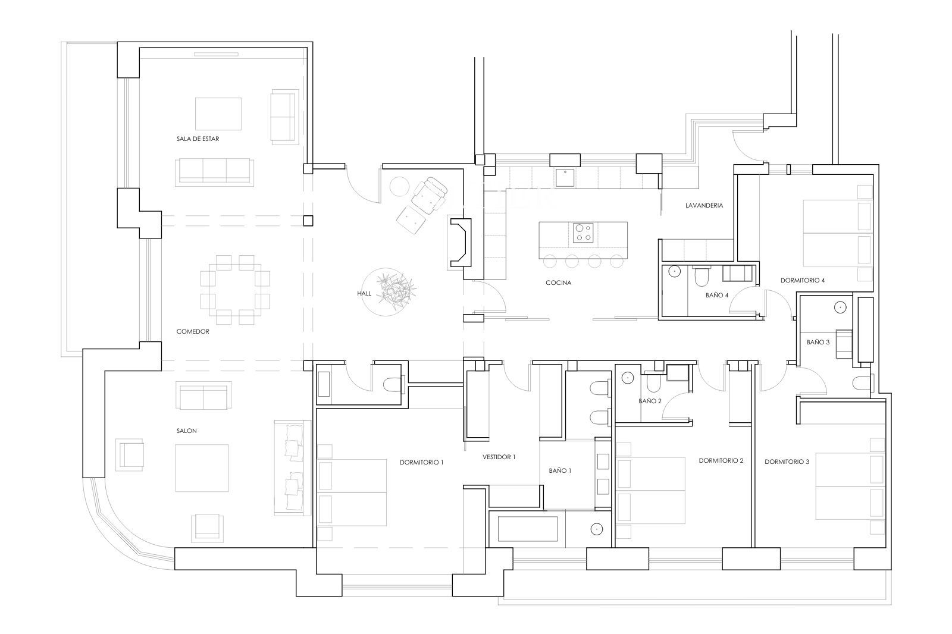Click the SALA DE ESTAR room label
coord(198,139)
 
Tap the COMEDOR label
coord(193,331)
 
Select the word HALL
coord(364,294)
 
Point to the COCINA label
coord(559,283)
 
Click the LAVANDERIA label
coord(704,205)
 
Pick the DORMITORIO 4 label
coord(803,281)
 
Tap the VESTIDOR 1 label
coord(499,457)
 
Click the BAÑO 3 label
coord(818,342)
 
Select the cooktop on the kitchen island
coord(583,233)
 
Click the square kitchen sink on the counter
coord(565,178)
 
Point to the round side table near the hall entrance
coord(399,187)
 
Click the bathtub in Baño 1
coord(528,529)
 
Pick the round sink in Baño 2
coord(628,377)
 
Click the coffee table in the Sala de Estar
coord(218,114)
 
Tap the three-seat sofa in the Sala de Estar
coord(215,172)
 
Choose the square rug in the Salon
coord(202,468)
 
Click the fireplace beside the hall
coord(460,243)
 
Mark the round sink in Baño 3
coord(840,307)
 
